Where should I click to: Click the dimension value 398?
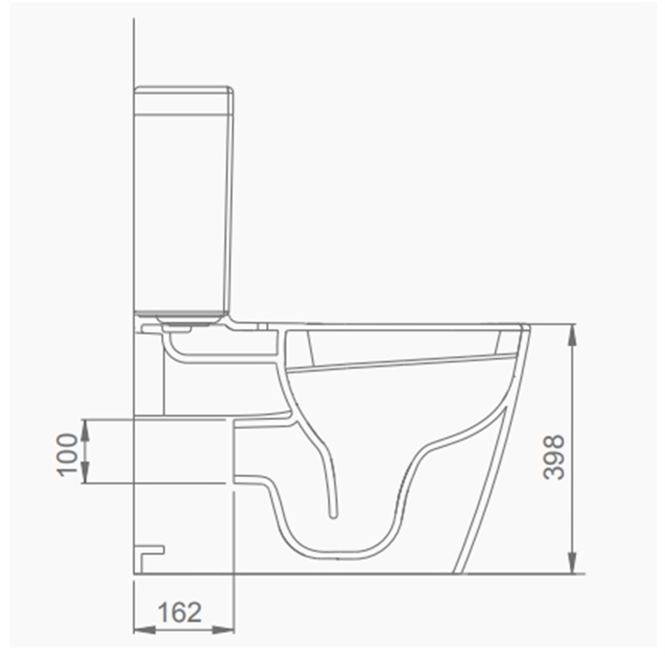(554, 458)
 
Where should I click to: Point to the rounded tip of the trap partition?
(332, 516)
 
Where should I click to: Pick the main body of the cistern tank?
(183, 211)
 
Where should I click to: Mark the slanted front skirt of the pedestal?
(482, 499)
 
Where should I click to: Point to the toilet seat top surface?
(399, 324)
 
